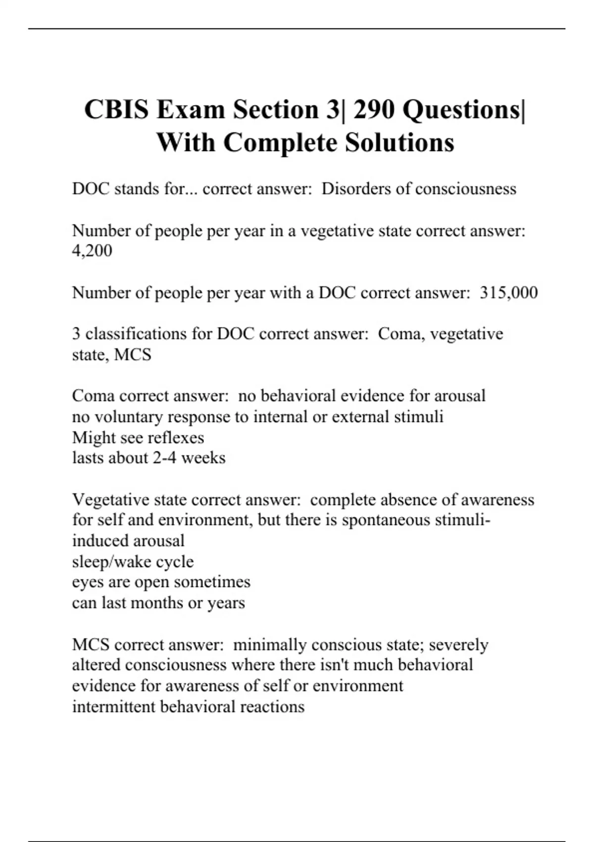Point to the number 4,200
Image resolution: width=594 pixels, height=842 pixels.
coord(92,251)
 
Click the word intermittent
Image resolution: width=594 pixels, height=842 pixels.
coord(114,706)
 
